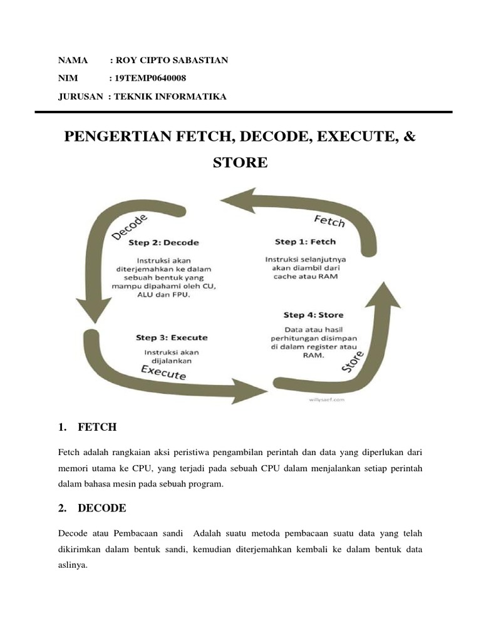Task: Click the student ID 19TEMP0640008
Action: (x=148, y=78)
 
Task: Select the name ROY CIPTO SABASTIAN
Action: (x=169, y=61)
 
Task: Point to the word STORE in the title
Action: (x=240, y=163)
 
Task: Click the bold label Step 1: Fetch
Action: (x=305, y=242)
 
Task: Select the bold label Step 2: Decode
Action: (x=163, y=242)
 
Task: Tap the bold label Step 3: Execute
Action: (x=172, y=338)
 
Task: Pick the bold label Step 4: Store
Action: (x=313, y=315)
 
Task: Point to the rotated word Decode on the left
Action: (x=130, y=226)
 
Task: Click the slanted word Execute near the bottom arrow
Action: (x=163, y=372)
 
